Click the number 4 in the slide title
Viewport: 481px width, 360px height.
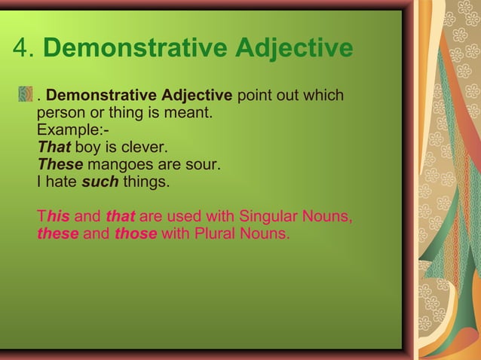pos(22,50)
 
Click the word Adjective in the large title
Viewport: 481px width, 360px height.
pos(294,50)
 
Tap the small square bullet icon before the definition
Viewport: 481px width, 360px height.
pos(26,96)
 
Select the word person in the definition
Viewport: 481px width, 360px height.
pos(60,114)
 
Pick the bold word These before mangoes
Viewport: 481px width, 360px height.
pos(60,164)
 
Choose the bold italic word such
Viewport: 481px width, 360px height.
pos(100,182)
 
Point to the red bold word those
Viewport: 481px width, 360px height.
pos(135,233)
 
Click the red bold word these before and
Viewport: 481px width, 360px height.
pos(58,233)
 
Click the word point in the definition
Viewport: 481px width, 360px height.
pos(253,96)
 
